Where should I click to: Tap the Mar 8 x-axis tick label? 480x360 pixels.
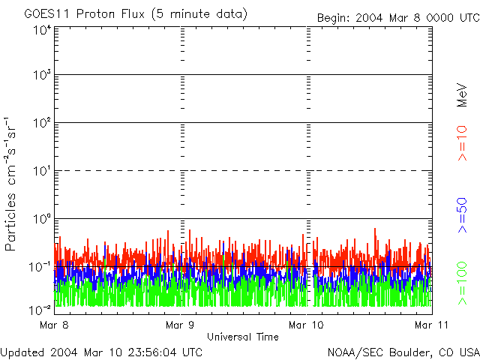(x=54, y=325)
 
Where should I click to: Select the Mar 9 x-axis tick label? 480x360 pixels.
(x=180, y=325)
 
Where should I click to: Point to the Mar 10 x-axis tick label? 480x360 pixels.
(x=306, y=325)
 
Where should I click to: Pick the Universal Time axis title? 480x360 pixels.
(x=242, y=337)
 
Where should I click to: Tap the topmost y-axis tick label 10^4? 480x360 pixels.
(x=41, y=30)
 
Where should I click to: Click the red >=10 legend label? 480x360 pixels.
(x=463, y=142)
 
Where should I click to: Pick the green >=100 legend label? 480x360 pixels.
(x=463, y=282)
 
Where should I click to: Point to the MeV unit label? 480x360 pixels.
(x=463, y=94)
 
